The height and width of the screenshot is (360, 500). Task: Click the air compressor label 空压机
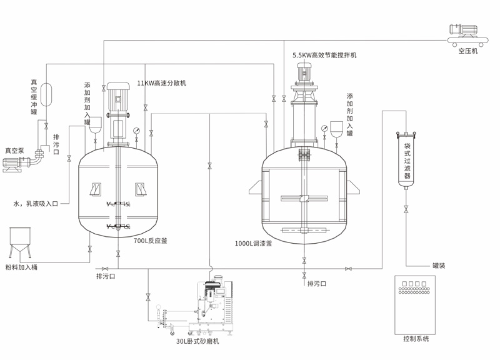coord(467,51)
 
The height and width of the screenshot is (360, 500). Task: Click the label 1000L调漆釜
coord(253,244)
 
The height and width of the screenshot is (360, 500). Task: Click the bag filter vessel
coord(406,159)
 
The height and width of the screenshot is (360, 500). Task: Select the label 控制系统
coord(416,339)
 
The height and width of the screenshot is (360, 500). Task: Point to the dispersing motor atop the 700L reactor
coord(117,100)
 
